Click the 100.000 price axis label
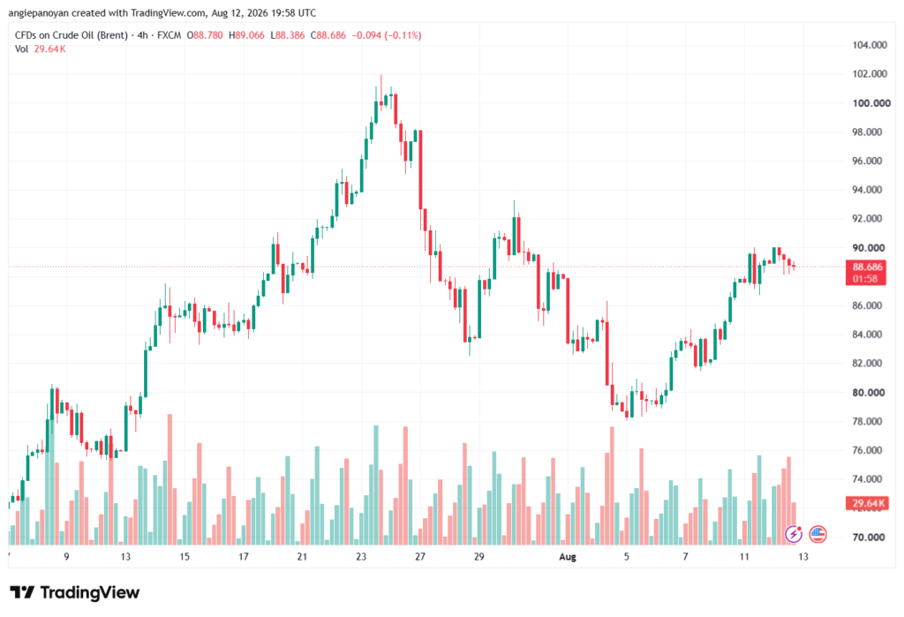(871, 103)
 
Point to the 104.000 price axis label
(870, 45)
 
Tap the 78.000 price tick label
(867, 422)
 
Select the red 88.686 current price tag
(867, 267)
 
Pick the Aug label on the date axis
(568, 556)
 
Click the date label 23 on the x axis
(361, 556)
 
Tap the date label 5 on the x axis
(626, 556)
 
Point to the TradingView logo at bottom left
(74, 592)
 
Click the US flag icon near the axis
(817, 534)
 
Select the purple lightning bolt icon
(794, 534)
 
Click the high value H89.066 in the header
(246, 35)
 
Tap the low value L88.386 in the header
(287, 35)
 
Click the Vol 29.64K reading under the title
(41, 49)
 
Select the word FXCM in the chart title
(169, 35)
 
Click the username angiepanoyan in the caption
(38, 12)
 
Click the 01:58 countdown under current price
(865, 279)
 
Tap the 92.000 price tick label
(867, 219)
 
